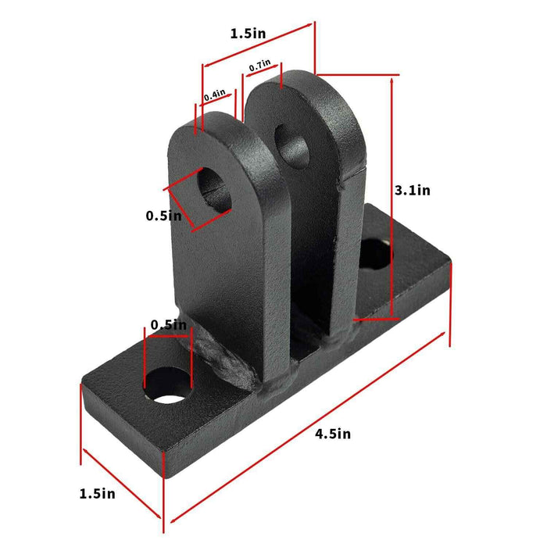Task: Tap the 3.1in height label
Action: (x=412, y=190)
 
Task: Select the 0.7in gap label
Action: (x=259, y=67)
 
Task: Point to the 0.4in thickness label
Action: (x=214, y=95)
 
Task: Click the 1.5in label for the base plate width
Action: (x=97, y=493)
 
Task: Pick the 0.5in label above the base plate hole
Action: (x=168, y=324)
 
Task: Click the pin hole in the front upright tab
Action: (x=215, y=188)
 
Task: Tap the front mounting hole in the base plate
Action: (x=168, y=387)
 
